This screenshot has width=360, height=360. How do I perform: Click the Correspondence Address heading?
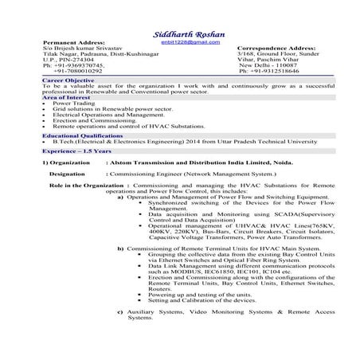[279, 46]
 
